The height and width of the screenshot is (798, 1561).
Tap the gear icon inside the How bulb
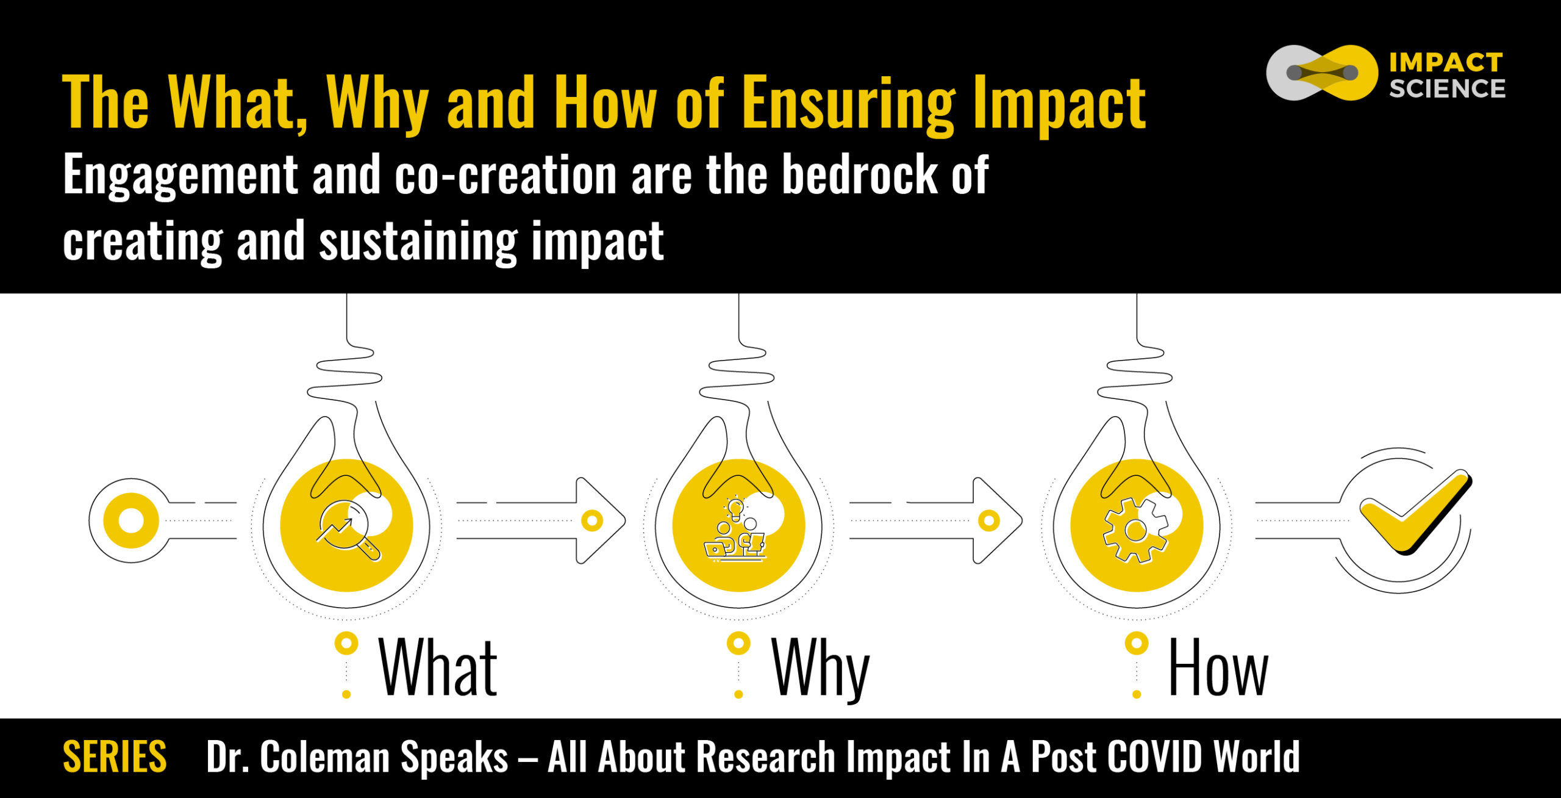tap(1135, 530)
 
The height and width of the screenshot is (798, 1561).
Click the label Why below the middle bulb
tap(820, 670)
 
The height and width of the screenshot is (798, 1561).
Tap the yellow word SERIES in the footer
tap(115, 757)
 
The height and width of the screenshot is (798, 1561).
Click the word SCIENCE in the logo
tap(1447, 88)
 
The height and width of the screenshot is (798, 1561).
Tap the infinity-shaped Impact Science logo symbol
tap(1321, 73)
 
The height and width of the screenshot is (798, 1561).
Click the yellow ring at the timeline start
tap(131, 520)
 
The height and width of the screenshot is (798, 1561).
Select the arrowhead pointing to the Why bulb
tap(601, 520)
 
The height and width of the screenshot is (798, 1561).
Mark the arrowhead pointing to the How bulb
tap(998, 520)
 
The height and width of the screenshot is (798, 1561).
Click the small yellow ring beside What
tap(346, 644)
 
